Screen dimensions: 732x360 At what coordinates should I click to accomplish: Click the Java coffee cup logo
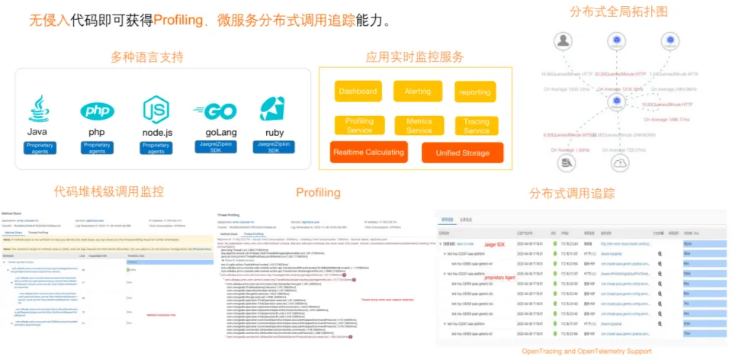tap(39, 109)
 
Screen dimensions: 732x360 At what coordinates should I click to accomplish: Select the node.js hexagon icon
tap(156, 110)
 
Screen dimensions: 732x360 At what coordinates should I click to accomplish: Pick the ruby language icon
tap(272, 109)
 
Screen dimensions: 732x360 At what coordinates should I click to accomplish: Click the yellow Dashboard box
tap(358, 92)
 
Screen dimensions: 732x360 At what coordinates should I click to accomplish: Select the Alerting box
tap(417, 92)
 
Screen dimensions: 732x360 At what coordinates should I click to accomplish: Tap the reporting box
tap(475, 92)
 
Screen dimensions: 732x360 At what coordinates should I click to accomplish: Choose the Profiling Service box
tap(359, 125)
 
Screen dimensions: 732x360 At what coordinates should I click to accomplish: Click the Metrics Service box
tap(419, 125)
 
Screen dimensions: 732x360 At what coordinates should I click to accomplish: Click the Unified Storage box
tap(462, 153)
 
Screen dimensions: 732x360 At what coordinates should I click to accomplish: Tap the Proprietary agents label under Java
tap(39, 148)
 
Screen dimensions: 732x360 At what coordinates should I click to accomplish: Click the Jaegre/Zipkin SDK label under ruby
tap(272, 146)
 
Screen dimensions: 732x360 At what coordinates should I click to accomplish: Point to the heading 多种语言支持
tap(147, 57)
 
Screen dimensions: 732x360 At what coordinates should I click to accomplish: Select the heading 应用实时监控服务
tap(414, 57)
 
